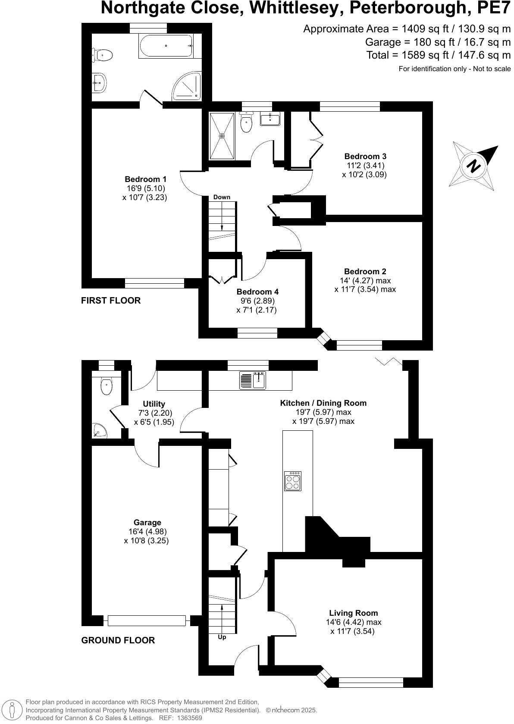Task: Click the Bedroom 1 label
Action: click(145, 179)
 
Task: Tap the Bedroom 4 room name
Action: click(257, 291)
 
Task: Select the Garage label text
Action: click(147, 523)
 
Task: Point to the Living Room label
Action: click(353, 613)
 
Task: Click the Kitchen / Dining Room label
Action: click(323, 403)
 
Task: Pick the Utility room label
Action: click(154, 404)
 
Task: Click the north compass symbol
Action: click(474, 166)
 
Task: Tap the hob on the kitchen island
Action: click(293, 481)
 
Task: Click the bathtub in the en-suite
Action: click(166, 46)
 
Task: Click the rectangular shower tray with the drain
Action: click(222, 135)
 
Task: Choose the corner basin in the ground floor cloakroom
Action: click(99, 430)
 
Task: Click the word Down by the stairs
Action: click(222, 197)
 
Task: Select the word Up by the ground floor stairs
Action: click(222, 637)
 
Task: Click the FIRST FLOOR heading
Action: click(111, 301)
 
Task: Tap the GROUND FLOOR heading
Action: click(118, 640)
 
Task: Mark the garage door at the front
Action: click(147, 621)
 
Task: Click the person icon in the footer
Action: click(13, 710)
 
